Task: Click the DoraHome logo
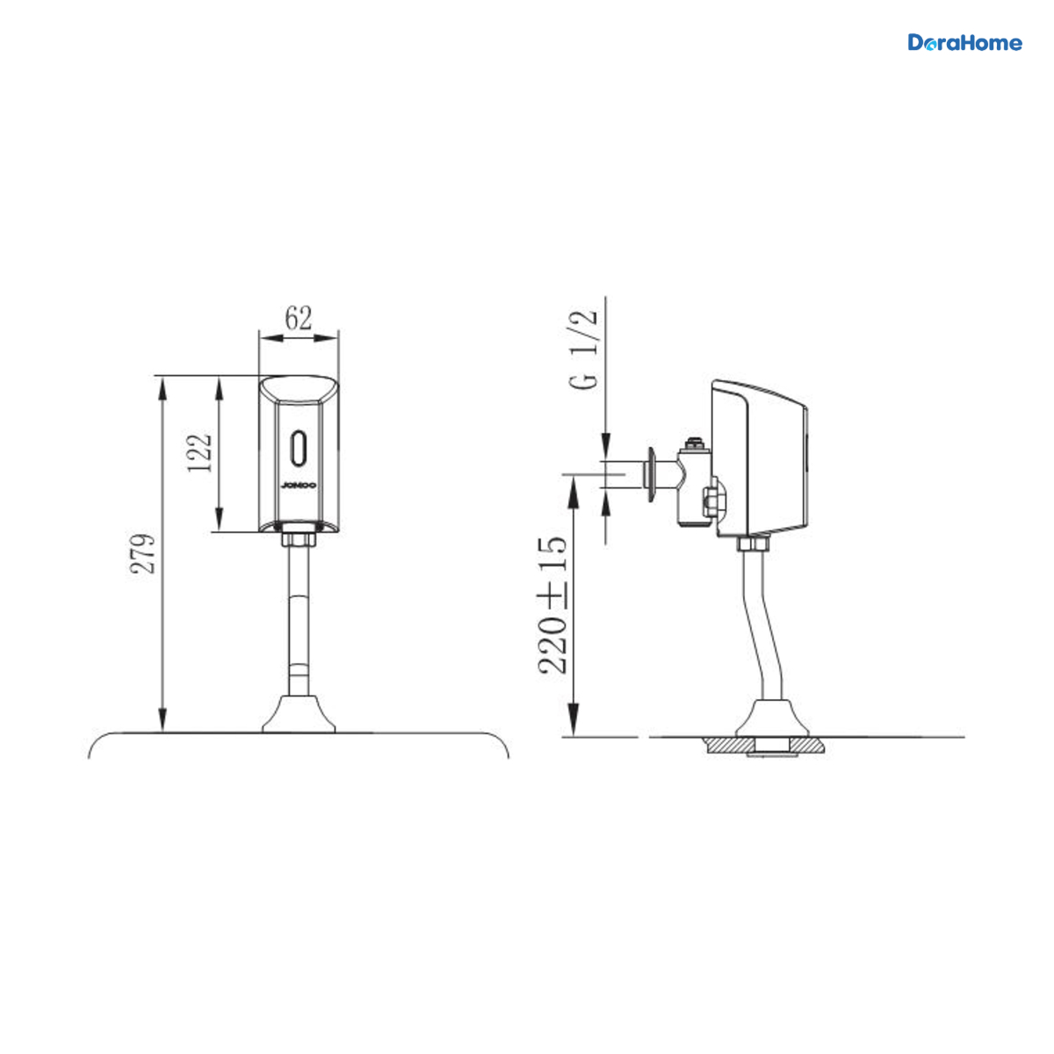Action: (x=964, y=43)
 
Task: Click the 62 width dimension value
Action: (x=299, y=318)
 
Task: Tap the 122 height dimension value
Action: (x=199, y=453)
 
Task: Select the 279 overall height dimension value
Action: (x=143, y=553)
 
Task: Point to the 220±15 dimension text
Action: (x=553, y=605)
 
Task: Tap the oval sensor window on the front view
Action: (x=299, y=448)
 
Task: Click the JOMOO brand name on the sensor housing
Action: (x=299, y=485)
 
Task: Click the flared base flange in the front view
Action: (x=299, y=714)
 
